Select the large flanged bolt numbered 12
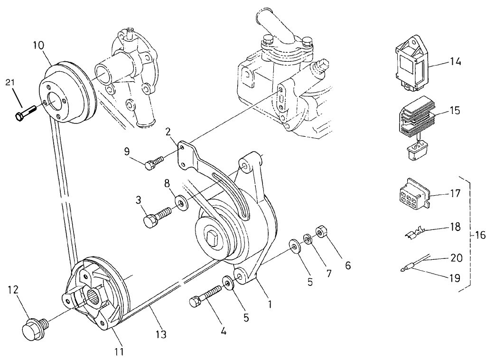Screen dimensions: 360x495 (x=33, y=329)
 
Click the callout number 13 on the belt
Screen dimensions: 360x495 (x=161, y=334)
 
